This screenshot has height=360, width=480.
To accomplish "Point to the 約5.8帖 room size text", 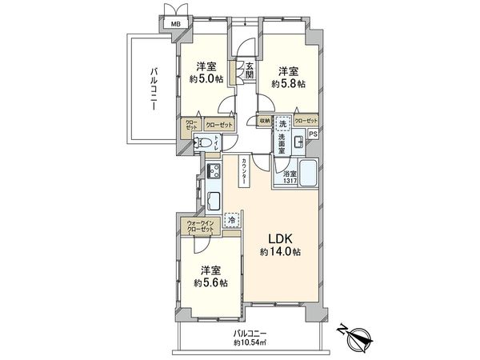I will (287, 83).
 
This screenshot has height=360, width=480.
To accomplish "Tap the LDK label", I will (278, 238).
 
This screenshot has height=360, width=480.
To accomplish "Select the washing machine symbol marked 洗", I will (282, 125).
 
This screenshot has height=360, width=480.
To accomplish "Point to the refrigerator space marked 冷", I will (231, 218).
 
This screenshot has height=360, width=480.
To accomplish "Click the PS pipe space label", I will (314, 134).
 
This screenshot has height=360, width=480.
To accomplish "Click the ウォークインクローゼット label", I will (201, 226).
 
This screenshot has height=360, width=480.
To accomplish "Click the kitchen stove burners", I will (214, 170).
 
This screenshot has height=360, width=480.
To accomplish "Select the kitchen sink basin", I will (214, 200).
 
